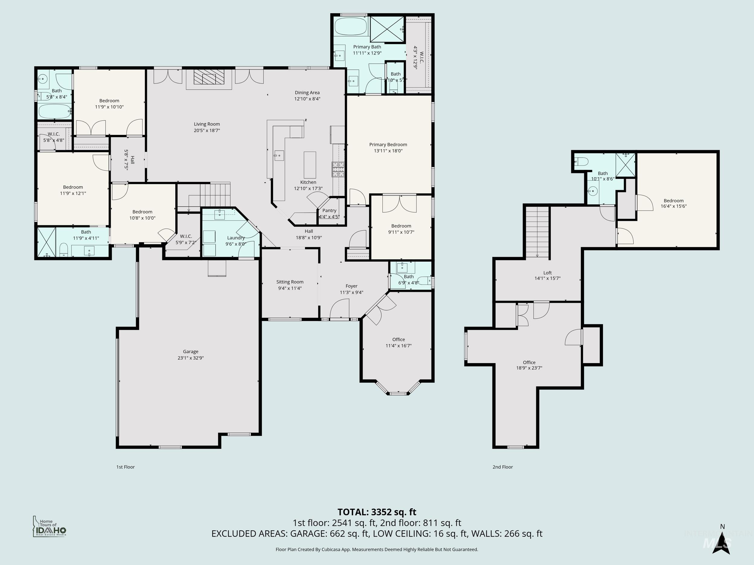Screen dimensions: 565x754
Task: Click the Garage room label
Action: point(190,351)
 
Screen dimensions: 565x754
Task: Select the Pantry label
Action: point(329,210)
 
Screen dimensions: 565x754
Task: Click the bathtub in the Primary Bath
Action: point(350,27)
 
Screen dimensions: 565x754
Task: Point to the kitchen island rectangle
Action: point(310,165)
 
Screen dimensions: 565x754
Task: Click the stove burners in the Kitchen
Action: point(338,169)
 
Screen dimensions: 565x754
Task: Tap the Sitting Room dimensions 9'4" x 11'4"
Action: point(290,288)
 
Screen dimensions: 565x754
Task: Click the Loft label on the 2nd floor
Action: point(547,272)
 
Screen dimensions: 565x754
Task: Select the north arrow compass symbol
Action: point(722,541)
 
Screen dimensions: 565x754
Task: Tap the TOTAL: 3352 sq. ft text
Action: point(377,512)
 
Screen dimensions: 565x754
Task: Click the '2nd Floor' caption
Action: point(502,467)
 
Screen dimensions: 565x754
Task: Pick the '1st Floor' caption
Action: point(125,467)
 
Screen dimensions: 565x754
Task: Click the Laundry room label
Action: point(236,238)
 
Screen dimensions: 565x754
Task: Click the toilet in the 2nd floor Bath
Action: point(582,162)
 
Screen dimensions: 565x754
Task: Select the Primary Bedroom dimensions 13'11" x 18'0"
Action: point(388,151)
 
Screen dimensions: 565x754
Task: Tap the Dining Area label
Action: point(307,92)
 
